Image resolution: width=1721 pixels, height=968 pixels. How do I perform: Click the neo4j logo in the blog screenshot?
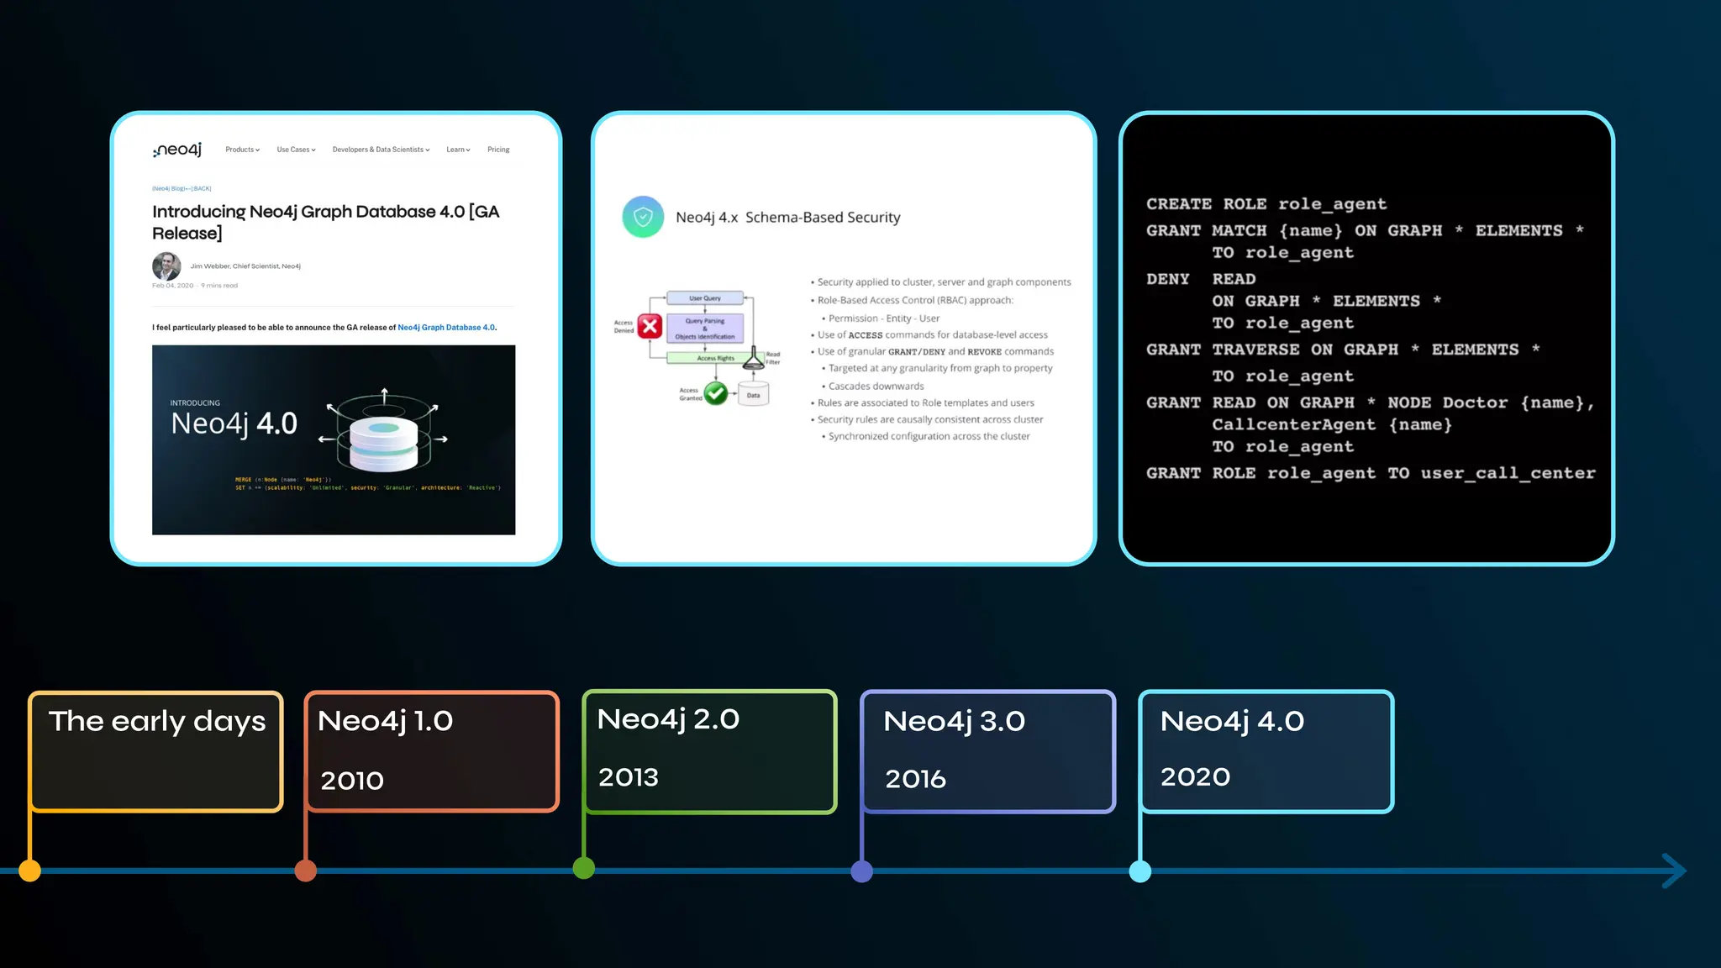177,150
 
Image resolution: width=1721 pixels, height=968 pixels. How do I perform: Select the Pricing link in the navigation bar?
498,150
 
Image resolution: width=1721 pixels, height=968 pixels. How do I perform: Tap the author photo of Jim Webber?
166,266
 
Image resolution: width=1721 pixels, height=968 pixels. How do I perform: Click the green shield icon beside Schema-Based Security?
643,217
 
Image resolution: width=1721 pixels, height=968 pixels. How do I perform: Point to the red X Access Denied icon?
650,326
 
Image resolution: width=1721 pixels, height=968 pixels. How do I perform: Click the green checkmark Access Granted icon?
716,392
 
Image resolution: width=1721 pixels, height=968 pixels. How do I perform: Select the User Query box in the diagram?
705,298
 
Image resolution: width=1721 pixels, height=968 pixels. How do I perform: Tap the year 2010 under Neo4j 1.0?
352,781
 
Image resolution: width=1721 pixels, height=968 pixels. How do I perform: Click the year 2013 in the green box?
629,777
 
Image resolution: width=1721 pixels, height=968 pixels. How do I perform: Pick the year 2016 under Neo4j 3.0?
915,779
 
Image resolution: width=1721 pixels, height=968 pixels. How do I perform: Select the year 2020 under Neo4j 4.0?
1195,776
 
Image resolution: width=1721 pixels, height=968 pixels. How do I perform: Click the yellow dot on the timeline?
29,871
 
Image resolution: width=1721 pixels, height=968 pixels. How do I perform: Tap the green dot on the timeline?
584,868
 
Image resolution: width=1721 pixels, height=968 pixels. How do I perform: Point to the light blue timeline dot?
1140,871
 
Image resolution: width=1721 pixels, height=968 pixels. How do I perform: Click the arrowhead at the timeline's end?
1674,871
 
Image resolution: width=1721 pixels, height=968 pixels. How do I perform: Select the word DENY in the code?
1168,279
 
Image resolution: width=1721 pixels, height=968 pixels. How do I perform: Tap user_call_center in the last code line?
1508,473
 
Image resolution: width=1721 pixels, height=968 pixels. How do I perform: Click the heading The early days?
157,721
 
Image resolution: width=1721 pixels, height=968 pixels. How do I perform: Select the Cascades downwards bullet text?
876,387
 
